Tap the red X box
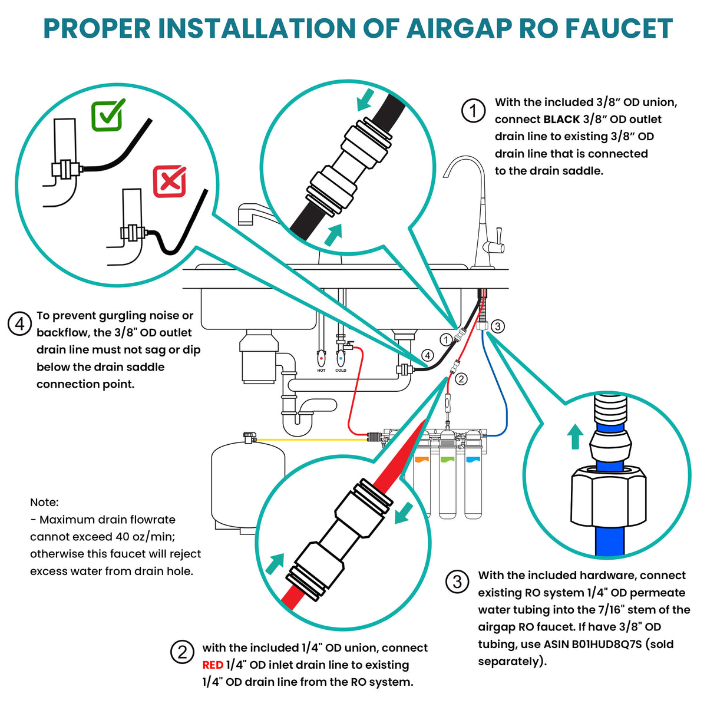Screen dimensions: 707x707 [170, 181]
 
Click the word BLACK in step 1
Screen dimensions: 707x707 [561, 120]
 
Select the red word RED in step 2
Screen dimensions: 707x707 [213, 665]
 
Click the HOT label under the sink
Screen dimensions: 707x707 [321, 371]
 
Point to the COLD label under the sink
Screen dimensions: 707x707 [341, 371]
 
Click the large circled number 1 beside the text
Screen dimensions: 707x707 [473, 110]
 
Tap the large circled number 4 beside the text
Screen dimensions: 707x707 [19, 323]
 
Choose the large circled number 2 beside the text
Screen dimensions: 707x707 [182, 652]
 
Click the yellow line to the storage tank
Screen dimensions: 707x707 [312, 439]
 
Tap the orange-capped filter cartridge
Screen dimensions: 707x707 [422, 485]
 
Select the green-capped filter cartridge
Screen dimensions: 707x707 [447, 485]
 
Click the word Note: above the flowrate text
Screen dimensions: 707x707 [44, 503]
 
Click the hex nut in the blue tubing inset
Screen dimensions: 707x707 [609, 500]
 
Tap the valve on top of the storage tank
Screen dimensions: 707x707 [249, 437]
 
